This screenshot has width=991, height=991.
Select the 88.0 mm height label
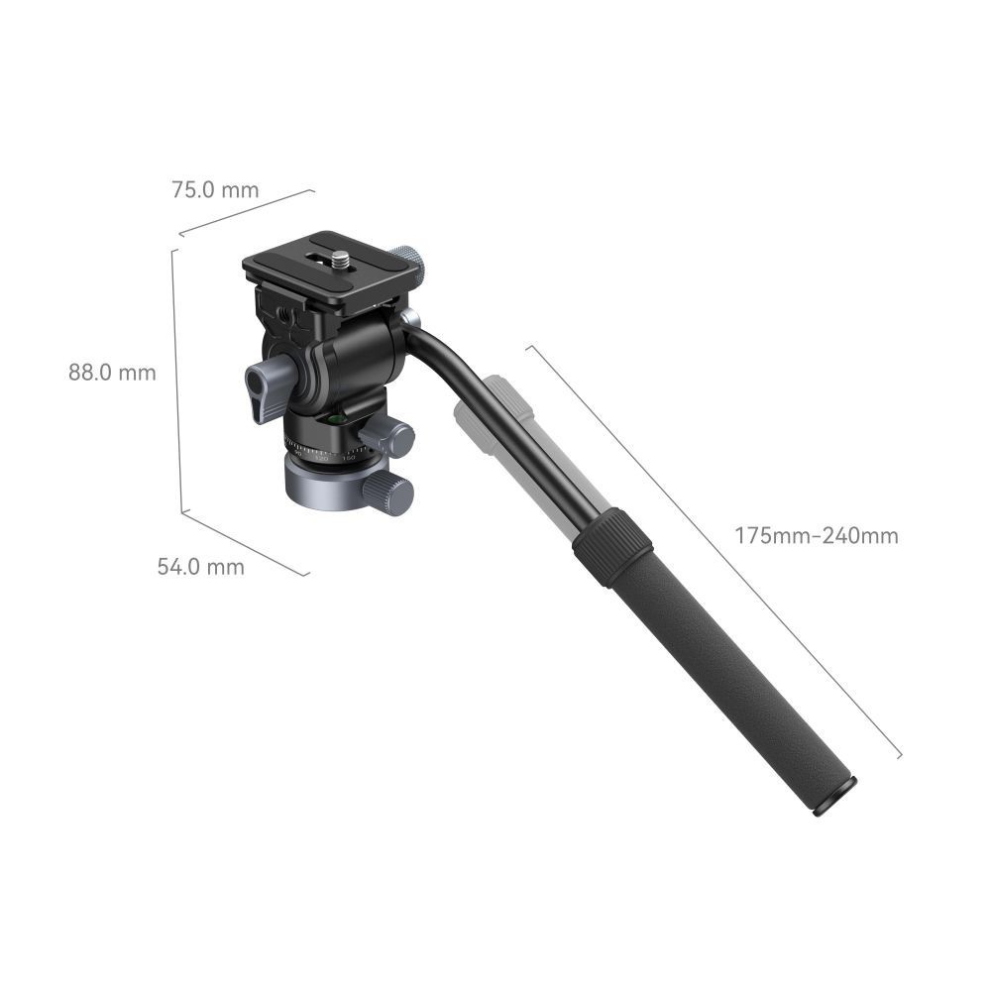click(x=112, y=373)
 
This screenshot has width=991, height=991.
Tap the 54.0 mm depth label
click(x=200, y=567)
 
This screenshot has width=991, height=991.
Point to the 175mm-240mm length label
click(x=817, y=536)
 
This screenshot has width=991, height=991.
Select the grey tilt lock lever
click(x=267, y=388)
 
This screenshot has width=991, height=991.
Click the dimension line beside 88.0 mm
click(x=177, y=382)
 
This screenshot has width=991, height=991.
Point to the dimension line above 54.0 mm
click(x=246, y=542)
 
